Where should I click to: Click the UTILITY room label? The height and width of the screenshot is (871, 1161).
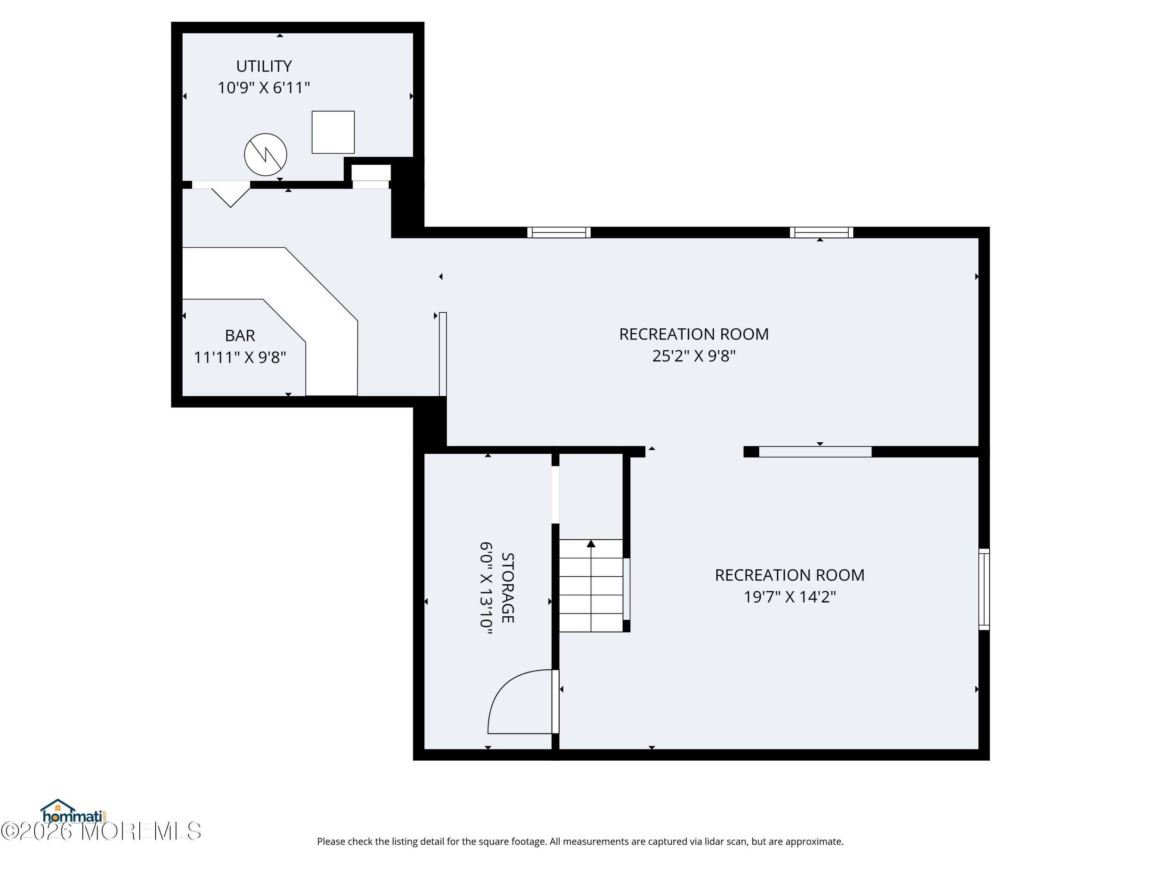[264, 66]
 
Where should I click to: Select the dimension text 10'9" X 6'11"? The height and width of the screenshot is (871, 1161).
[264, 87]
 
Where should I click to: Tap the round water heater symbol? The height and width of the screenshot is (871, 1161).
[265, 154]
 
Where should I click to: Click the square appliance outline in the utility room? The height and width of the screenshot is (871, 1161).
[333, 132]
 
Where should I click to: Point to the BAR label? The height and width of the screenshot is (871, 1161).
[240, 336]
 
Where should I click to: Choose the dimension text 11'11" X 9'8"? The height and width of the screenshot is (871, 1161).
[240, 357]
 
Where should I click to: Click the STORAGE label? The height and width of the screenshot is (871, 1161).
[507, 588]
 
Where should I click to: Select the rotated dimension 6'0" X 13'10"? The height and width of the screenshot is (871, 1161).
[486, 588]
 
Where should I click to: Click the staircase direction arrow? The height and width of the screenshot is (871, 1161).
[591, 585]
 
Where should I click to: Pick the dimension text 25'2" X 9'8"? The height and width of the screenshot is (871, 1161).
[694, 356]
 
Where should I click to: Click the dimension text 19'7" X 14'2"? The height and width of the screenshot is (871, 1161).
[789, 597]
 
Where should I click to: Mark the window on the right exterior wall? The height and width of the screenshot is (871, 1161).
[984, 589]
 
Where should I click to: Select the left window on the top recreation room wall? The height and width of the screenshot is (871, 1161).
[559, 233]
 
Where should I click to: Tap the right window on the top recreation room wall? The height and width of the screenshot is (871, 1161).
[822, 233]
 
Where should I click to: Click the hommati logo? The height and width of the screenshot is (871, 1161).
[74, 811]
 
